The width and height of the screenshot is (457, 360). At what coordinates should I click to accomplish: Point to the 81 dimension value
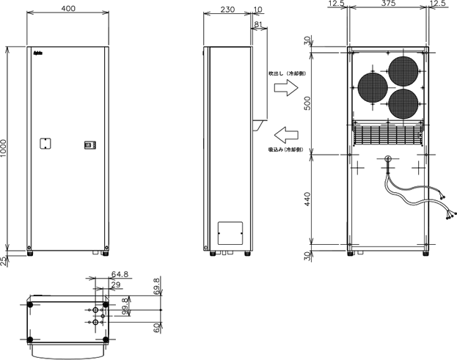257,24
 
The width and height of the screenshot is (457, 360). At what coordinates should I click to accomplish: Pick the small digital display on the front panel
89,145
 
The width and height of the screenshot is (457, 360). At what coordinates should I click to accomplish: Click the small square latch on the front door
45,144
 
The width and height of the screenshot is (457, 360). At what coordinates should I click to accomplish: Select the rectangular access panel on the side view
231,232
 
